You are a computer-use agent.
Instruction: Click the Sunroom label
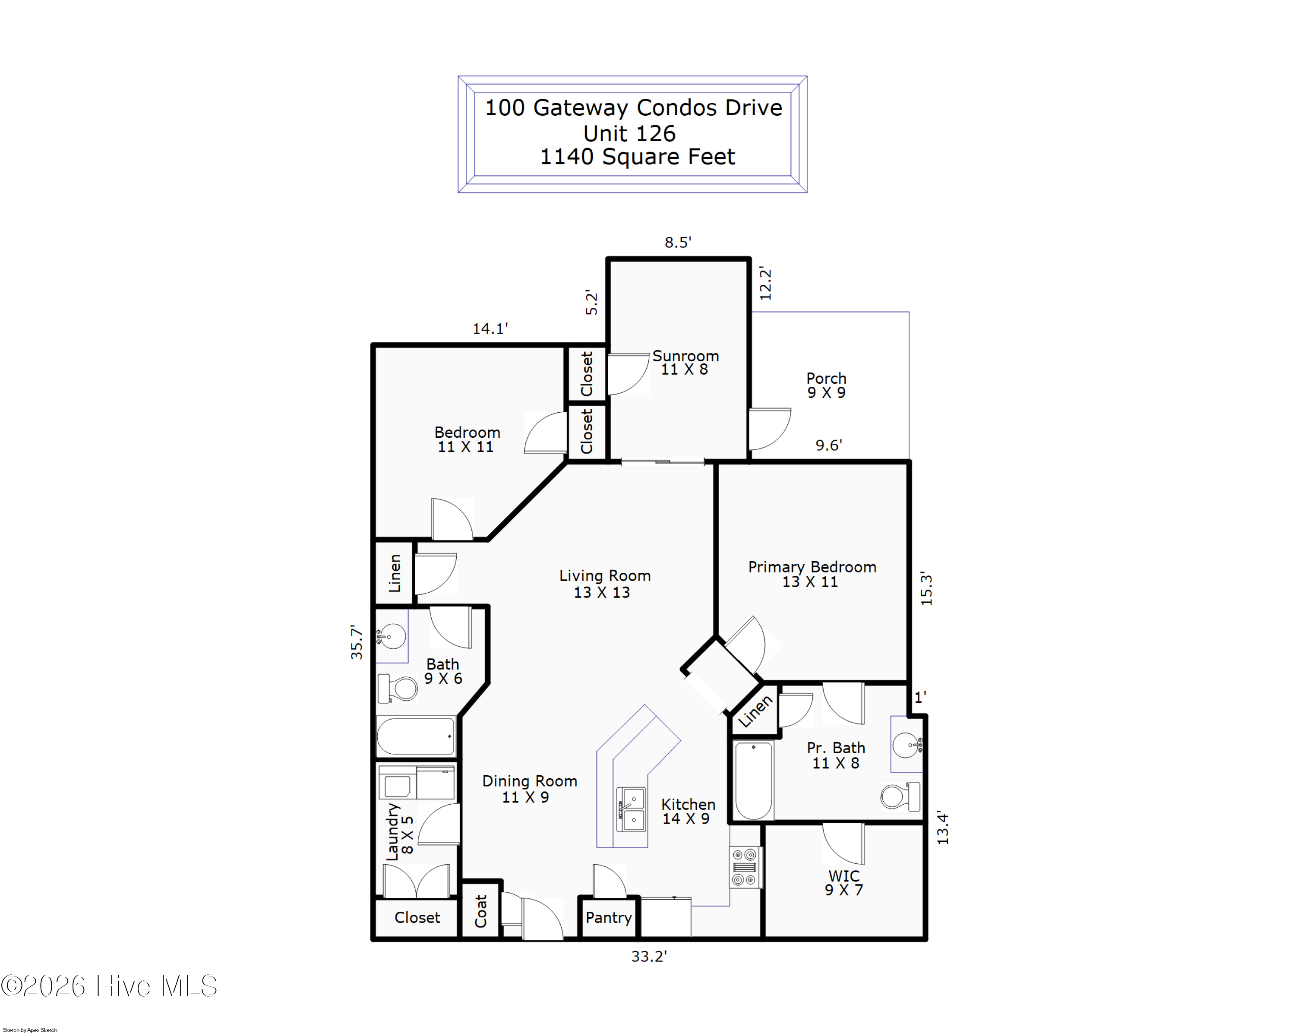point(685,363)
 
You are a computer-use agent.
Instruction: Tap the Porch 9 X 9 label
point(827,385)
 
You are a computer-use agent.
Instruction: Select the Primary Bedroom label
point(812,574)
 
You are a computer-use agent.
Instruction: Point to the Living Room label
point(604,584)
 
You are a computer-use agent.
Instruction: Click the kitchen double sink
point(631,809)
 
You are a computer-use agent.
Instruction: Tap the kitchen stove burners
point(745,867)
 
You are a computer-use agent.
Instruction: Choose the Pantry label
point(609,918)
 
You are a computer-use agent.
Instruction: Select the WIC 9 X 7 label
point(844,883)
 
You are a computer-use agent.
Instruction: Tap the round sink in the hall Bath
point(392,636)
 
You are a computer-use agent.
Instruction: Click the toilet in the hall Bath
point(399,688)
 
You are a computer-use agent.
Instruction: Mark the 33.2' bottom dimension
point(649,957)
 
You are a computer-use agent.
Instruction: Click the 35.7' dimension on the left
point(357,642)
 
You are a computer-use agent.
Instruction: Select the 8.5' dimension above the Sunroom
point(678,243)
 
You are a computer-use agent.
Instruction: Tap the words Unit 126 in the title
point(629,133)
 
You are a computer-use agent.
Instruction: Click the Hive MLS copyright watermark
point(109,987)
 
